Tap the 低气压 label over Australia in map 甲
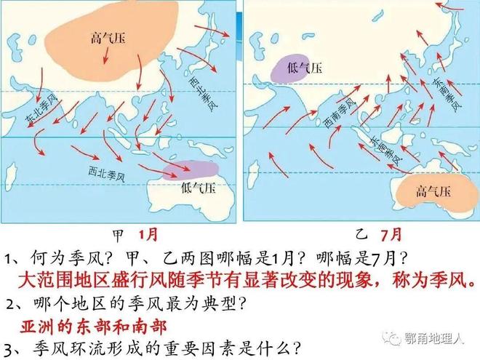[198, 189]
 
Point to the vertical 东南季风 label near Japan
[450, 95]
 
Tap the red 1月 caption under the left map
[146, 235]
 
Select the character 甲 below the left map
[118, 236]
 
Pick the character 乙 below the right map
[361, 236]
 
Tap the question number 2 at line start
[9, 303]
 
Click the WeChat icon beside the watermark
[392, 338]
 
